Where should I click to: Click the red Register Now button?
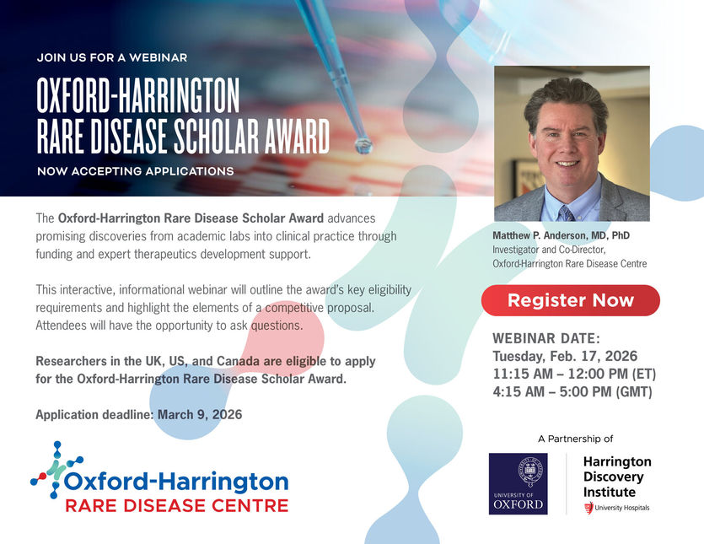(x=570, y=300)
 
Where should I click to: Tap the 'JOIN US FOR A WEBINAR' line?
(x=112, y=58)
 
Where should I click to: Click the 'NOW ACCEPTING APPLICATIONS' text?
(x=135, y=171)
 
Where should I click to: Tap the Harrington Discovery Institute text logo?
(x=617, y=477)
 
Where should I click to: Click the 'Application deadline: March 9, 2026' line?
(x=139, y=415)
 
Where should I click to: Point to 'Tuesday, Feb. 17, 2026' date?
(x=565, y=356)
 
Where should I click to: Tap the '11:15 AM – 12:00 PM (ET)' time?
(x=574, y=374)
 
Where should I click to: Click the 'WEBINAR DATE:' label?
(x=546, y=338)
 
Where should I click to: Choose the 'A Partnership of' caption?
(x=575, y=439)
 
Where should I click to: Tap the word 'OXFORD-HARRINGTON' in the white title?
(x=138, y=98)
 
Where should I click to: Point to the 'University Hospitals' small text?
(x=622, y=508)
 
